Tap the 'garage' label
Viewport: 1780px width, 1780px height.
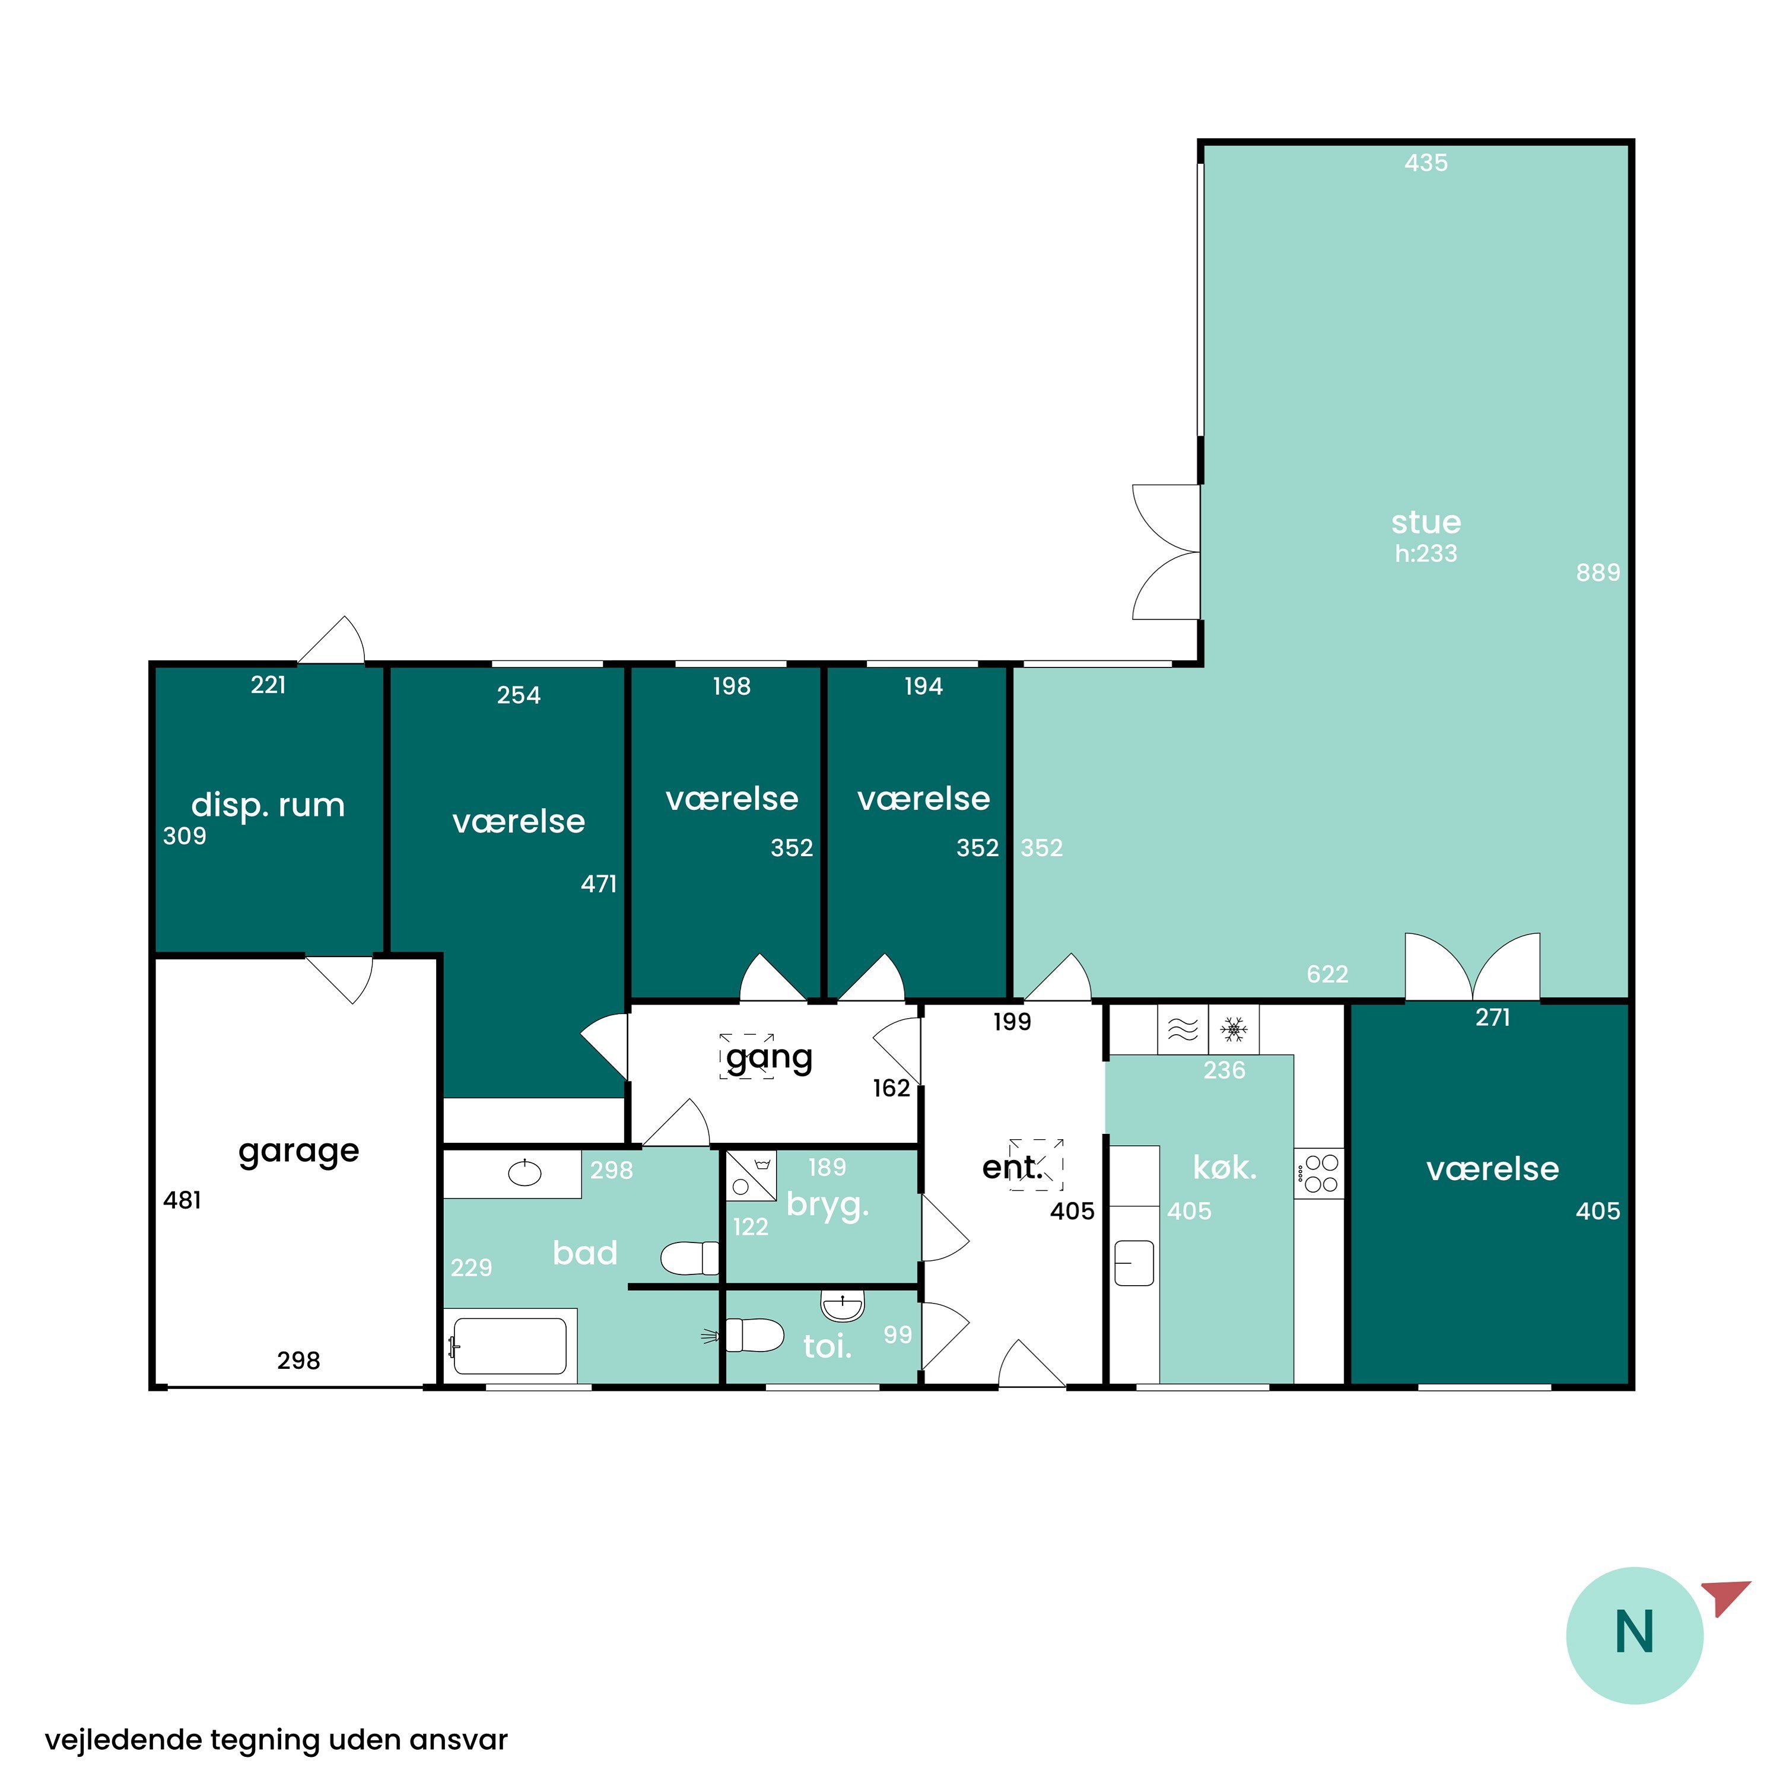pyautogui.click(x=298, y=1152)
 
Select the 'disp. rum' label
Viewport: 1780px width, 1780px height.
pyautogui.click(x=268, y=805)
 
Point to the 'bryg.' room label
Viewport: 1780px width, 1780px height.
pyautogui.click(x=827, y=1206)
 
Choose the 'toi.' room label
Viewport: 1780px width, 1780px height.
pyautogui.click(x=827, y=1346)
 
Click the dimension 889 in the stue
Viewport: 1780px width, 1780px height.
pyautogui.click(x=1598, y=572)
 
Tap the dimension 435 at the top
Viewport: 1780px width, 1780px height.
pyautogui.click(x=1426, y=163)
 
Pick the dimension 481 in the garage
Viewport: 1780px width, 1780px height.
pyautogui.click(x=182, y=1200)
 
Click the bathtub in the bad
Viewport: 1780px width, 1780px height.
pyautogui.click(x=510, y=1347)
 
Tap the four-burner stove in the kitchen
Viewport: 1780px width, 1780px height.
pyautogui.click(x=1320, y=1174)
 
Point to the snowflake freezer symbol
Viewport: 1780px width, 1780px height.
pyautogui.click(x=1234, y=1029)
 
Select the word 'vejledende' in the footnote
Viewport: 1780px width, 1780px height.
pyautogui.click(x=123, y=1740)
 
